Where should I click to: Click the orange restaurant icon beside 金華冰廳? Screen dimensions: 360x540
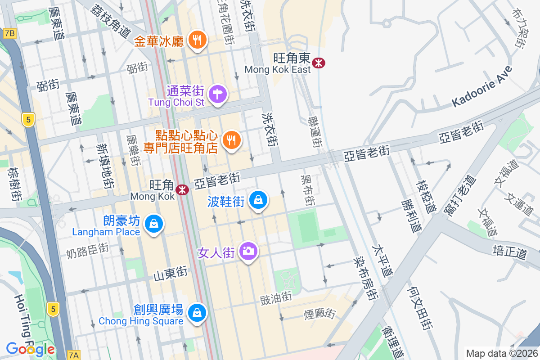pos(197,40)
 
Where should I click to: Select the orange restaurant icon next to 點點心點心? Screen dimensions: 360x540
pos(231,140)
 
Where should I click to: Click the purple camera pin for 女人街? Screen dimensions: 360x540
pos(248,251)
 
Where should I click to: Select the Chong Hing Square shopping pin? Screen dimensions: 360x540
pos(197,312)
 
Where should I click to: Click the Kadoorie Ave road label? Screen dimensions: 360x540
pos(482,87)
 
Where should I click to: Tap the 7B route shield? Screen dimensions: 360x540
pos(9,33)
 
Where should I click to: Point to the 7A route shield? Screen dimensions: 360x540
pos(73,355)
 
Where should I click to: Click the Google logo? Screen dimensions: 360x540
pos(30,349)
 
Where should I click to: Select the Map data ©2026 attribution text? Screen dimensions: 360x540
pos(501,353)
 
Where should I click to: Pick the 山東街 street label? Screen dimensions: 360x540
pos(171,273)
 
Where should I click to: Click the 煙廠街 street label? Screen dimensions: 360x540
pos(320,314)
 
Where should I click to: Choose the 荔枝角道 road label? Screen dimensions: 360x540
pos(111,21)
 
